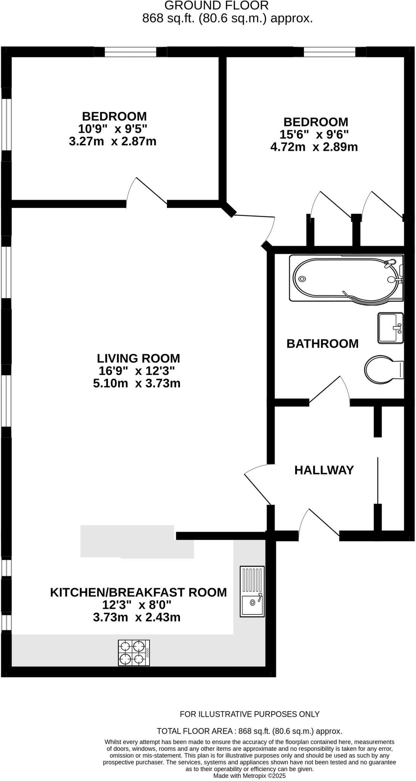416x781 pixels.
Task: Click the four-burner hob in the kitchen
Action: (133, 652)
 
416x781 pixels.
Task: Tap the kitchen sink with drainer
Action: (252, 591)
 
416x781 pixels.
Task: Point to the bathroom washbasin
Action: (390, 328)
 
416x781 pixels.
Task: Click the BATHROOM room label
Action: (322, 344)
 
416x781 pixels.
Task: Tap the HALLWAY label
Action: (324, 470)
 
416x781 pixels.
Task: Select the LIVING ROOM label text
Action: (138, 358)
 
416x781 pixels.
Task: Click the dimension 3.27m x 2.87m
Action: (112, 141)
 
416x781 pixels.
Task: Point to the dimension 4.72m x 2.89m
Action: (314, 147)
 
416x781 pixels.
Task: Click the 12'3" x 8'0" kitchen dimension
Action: (137, 605)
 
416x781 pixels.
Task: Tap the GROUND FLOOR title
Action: (216, 5)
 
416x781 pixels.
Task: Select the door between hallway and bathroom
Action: (330, 391)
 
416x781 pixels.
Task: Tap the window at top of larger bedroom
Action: (329, 52)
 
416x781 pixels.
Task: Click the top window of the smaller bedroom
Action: (130, 52)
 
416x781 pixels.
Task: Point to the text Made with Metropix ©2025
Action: (249, 776)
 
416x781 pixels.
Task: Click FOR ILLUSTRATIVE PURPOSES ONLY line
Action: (249, 714)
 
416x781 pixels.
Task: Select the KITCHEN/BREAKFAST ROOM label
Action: (138, 592)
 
